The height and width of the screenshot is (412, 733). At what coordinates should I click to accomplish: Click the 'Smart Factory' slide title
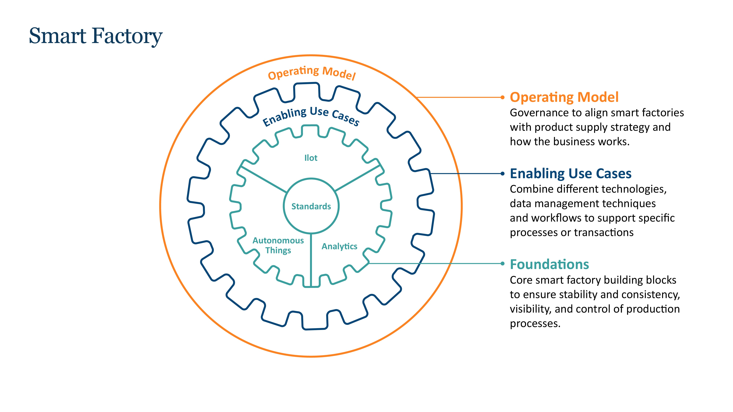point(96,36)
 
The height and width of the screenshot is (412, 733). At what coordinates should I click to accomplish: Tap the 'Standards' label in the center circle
point(311,206)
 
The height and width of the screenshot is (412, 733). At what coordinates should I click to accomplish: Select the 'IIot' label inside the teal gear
point(311,158)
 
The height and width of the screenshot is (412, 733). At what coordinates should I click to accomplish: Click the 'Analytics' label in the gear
point(339,246)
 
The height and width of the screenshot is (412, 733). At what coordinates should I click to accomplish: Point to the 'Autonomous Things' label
point(278,245)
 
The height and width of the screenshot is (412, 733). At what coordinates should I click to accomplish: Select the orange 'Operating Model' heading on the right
point(564,97)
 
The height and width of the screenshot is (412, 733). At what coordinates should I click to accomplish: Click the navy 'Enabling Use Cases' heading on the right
point(570,173)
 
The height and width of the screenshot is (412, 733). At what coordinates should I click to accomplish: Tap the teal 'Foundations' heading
point(549,264)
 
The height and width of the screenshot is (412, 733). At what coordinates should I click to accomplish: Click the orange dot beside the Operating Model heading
point(502,97)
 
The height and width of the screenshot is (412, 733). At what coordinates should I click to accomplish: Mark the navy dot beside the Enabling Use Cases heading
point(502,173)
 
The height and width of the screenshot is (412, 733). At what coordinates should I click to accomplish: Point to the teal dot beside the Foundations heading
point(502,263)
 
